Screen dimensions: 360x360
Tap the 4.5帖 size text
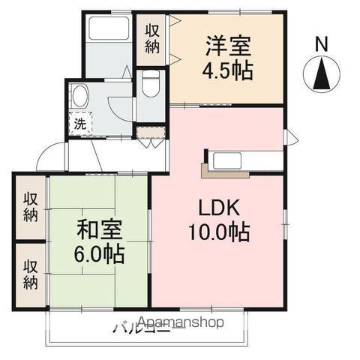tap(226, 72)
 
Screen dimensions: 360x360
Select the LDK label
tap(218, 206)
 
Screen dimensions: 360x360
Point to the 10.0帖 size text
tap(218, 231)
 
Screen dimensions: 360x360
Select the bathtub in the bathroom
tap(109, 30)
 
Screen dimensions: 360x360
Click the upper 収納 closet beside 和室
tap(30, 207)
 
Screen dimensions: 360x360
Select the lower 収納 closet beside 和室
tap(30, 274)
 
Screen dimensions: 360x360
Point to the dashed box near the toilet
tap(150, 133)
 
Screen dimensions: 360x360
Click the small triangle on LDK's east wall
tap(289, 137)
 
